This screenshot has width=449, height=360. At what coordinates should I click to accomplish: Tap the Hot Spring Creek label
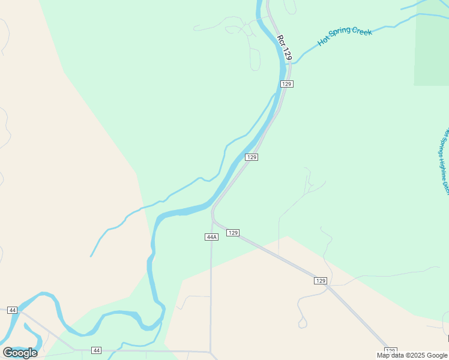[x=345, y=36]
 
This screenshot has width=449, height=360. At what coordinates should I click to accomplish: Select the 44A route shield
[x=211, y=237]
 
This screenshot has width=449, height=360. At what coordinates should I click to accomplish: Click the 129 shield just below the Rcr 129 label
[x=286, y=84]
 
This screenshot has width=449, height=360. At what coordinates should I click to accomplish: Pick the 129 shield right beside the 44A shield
[x=234, y=232]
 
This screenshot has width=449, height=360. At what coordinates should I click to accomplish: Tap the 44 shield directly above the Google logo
[x=13, y=310]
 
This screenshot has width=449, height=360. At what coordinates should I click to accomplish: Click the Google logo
[x=20, y=353]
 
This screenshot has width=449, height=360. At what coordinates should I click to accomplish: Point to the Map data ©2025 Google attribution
[x=412, y=355]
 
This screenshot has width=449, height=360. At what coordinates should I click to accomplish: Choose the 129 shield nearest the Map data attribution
[x=390, y=350]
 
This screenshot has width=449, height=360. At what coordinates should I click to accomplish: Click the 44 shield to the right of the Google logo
[x=97, y=350]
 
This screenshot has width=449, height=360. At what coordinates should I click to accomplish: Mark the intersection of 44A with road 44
[x=211, y=352]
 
